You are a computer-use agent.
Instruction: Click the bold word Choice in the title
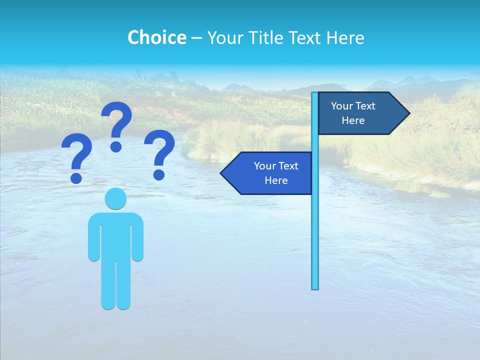point(156,37)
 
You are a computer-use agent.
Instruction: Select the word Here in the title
point(345,37)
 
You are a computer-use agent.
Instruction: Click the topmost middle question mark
point(116,125)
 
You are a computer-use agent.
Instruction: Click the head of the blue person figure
point(115,198)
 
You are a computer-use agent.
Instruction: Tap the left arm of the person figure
point(93,240)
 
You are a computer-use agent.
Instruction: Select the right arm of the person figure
point(138,240)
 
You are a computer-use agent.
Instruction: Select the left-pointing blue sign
point(270,173)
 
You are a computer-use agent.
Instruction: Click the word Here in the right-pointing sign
point(353,120)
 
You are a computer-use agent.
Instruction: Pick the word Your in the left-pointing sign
point(264,166)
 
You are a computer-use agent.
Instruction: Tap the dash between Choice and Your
point(196,38)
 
